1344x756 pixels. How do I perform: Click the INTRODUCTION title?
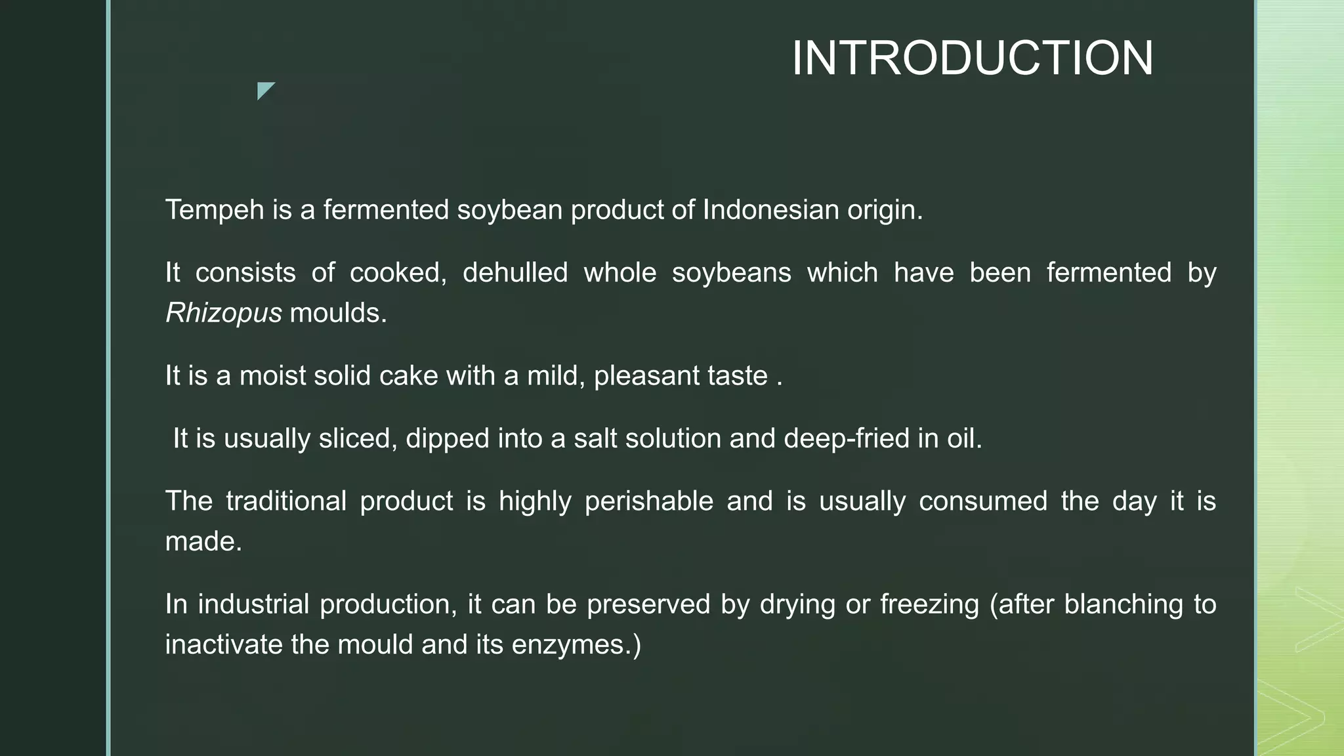[972, 58]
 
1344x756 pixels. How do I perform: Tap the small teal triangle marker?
[264, 89]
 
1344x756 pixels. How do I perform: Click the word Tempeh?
[214, 211]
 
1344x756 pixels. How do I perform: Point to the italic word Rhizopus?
[223, 314]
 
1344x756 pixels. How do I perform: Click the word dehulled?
[515, 272]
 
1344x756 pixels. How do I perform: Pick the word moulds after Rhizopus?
[338, 313]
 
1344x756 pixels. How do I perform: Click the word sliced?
[358, 438]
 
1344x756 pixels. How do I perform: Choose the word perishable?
[648, 501]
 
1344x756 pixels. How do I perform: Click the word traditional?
[286, 501]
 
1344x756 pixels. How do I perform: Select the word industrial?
[253, 604]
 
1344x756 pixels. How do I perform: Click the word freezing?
[929, 604]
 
